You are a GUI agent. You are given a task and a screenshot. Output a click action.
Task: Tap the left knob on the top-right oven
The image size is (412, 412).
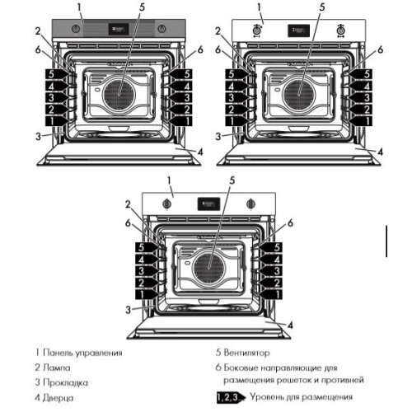(256, 30)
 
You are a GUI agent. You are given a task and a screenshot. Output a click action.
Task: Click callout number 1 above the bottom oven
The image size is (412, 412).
(169, 180)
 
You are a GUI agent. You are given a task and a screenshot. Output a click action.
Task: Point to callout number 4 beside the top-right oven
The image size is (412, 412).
(380, 151)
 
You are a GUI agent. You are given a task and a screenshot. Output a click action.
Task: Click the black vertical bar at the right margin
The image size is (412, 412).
(386, 241)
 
